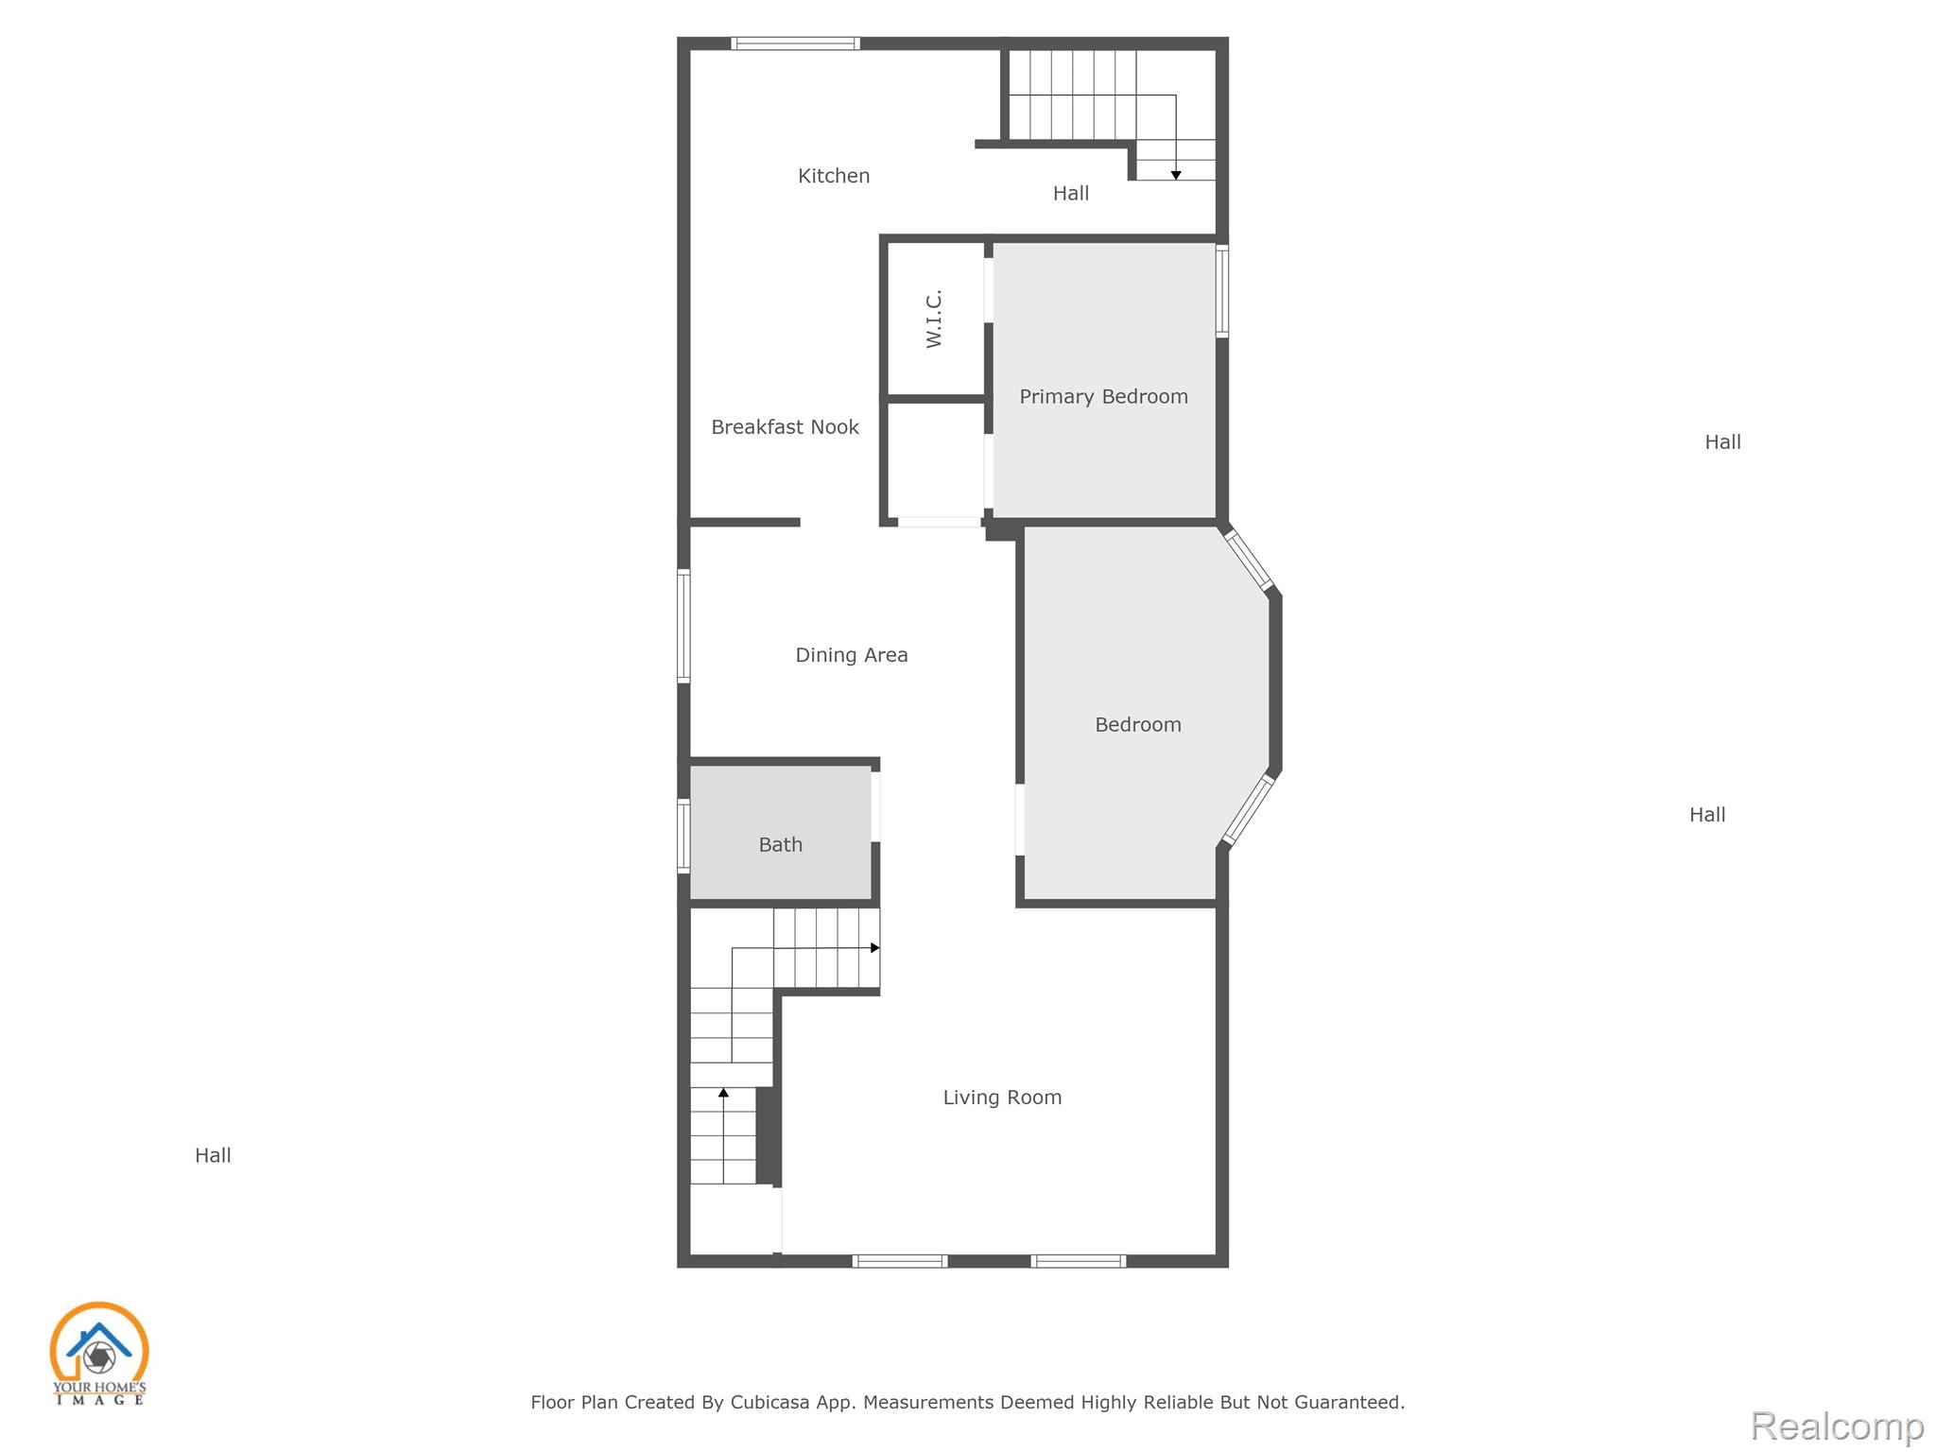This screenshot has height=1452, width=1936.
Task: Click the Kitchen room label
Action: coord(834,176)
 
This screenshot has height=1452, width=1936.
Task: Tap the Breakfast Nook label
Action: coord(785,427)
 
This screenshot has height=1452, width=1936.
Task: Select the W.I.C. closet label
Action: coord(934,319)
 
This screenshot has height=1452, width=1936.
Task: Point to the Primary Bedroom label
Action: coord(1103,397)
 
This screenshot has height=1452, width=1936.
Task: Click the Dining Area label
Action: coord(852,655)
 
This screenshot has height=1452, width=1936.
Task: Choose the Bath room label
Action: coord(781,845)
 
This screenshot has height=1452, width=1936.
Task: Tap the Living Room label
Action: coord(1002,1098)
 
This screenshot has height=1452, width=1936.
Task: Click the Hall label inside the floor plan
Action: coord(1071,193)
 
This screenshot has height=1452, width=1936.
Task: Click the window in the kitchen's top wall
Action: coord(795,43)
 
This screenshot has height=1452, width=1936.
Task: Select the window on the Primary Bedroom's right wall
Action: coord(1221,291)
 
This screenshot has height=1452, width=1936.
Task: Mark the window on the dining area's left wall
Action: coord(683,625)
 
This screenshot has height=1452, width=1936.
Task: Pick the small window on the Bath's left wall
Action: coord(683,836)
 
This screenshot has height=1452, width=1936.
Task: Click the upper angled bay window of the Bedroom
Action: coord(1249,561)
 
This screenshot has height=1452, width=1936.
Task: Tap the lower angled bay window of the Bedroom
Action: coord(1248,809)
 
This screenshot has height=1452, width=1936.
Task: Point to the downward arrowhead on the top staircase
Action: coord(1176,175)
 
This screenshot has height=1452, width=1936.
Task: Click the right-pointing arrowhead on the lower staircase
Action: coord(875,947)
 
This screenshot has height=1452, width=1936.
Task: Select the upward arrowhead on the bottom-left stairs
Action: coord(723,1093)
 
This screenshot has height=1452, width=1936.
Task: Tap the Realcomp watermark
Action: coord(1837,1426)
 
